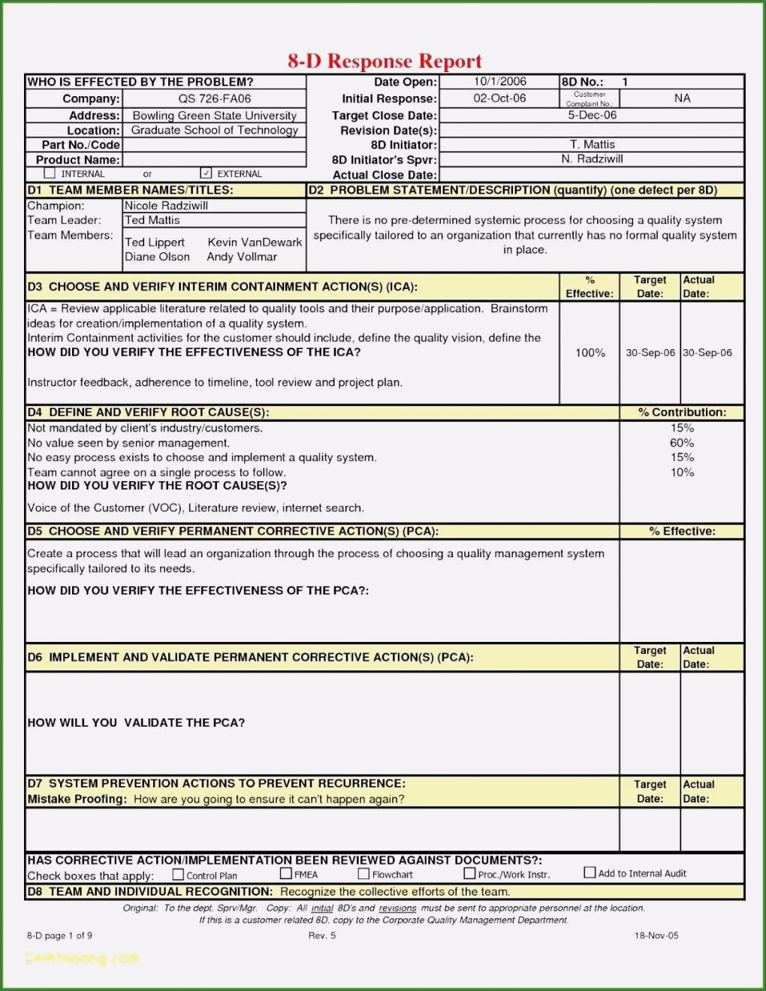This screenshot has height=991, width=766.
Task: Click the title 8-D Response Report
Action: tap(385, 61)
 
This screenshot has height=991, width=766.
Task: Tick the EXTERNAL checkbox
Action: tap(207, 173)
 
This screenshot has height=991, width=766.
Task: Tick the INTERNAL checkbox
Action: tap(50, 173)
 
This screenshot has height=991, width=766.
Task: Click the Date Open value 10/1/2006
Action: tap(499, 82)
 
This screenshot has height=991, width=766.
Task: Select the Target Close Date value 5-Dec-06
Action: tap(592, 115)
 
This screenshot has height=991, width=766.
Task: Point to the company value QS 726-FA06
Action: tap(215, 98)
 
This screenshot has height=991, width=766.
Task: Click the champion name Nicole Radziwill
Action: tap(167, 206)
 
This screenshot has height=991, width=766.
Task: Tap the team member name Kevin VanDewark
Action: tap(255, 242)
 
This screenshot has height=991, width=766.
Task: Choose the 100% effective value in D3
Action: tap(590, 353)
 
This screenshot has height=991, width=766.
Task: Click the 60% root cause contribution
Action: tap(682, 443)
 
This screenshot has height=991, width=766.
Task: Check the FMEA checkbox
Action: tap(286, 874)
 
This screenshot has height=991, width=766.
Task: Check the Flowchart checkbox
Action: tap(364, 874)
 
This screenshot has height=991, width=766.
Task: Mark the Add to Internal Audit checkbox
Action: tap(590, 872)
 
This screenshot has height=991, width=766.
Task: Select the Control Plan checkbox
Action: tap(178, 875)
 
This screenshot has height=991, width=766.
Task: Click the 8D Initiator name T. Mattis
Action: tap(592, 144)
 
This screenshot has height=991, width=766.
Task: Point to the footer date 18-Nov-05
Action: tap(656, 935)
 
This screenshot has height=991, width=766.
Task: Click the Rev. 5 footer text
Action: tap(322, 935)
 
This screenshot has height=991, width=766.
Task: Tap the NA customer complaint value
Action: tap(682, 98)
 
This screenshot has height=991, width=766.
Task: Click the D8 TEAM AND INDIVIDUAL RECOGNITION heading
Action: tap(150, 892)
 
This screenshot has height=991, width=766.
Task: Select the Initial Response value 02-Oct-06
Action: tap(499, 98)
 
